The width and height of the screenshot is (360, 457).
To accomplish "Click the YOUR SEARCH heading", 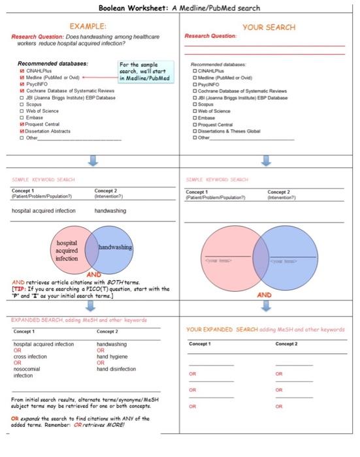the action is [x=269, y=27].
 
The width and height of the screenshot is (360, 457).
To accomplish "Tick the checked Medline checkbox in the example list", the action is [x=22, y=77].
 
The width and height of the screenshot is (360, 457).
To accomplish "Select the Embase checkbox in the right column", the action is [x=195, y=118].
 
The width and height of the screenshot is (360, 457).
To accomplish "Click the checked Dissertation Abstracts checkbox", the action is [x=22, y=131].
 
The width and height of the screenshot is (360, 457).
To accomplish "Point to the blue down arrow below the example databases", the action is [x=92, y=161].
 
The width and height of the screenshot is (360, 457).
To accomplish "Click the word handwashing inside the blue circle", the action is [x=115, y=248].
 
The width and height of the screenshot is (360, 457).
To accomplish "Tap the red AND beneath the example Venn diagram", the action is [x=94, y=275].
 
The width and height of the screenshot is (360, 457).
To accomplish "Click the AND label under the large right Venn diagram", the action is [x=264, y=295].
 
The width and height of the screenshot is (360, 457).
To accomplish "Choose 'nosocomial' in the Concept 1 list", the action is [x=28, y=369].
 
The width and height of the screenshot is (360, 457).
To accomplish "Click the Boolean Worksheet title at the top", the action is [x=179, y=8].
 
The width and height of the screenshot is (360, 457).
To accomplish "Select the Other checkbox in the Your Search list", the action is [x=195, y=138].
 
